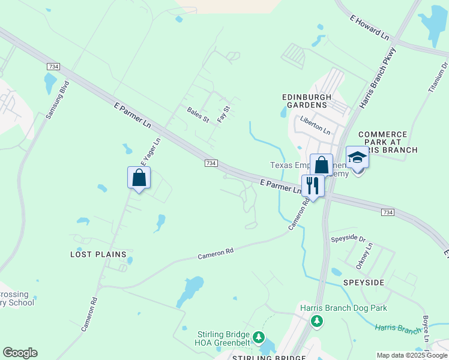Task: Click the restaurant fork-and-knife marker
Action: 313,185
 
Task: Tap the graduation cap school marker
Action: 357,158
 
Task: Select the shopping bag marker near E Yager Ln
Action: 139,178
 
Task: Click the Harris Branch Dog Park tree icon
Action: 317,321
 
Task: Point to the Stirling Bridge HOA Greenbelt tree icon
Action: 259,337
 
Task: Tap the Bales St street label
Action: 197,114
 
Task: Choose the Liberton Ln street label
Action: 316,125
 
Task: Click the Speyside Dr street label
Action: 348,239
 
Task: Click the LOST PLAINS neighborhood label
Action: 98,254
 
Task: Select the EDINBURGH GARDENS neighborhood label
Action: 305,101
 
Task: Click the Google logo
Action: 20,353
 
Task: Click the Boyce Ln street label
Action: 426,329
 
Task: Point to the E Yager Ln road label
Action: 151,152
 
